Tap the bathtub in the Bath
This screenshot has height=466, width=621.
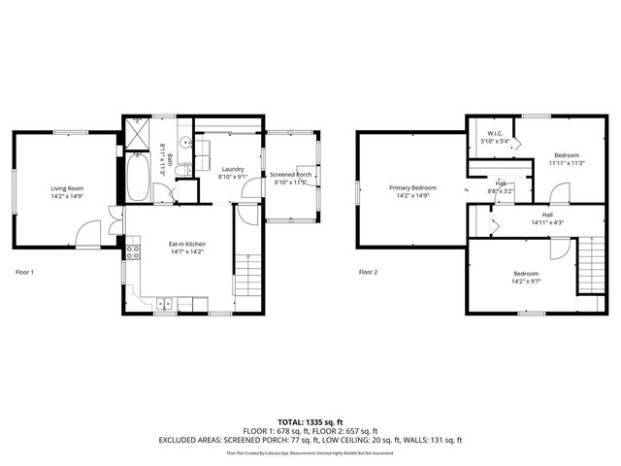coord(138,179)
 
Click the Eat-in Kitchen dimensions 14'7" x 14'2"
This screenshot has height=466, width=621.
coord(187,250)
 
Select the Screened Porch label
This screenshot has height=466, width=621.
coord(289,175)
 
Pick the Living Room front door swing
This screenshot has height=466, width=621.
coord(87,234)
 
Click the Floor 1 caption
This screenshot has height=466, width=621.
coord(24,272)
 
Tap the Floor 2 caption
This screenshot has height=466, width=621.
coord(369,272)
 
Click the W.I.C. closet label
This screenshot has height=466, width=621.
coord(495,135)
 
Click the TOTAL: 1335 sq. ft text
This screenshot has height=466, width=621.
coord(310,423)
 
